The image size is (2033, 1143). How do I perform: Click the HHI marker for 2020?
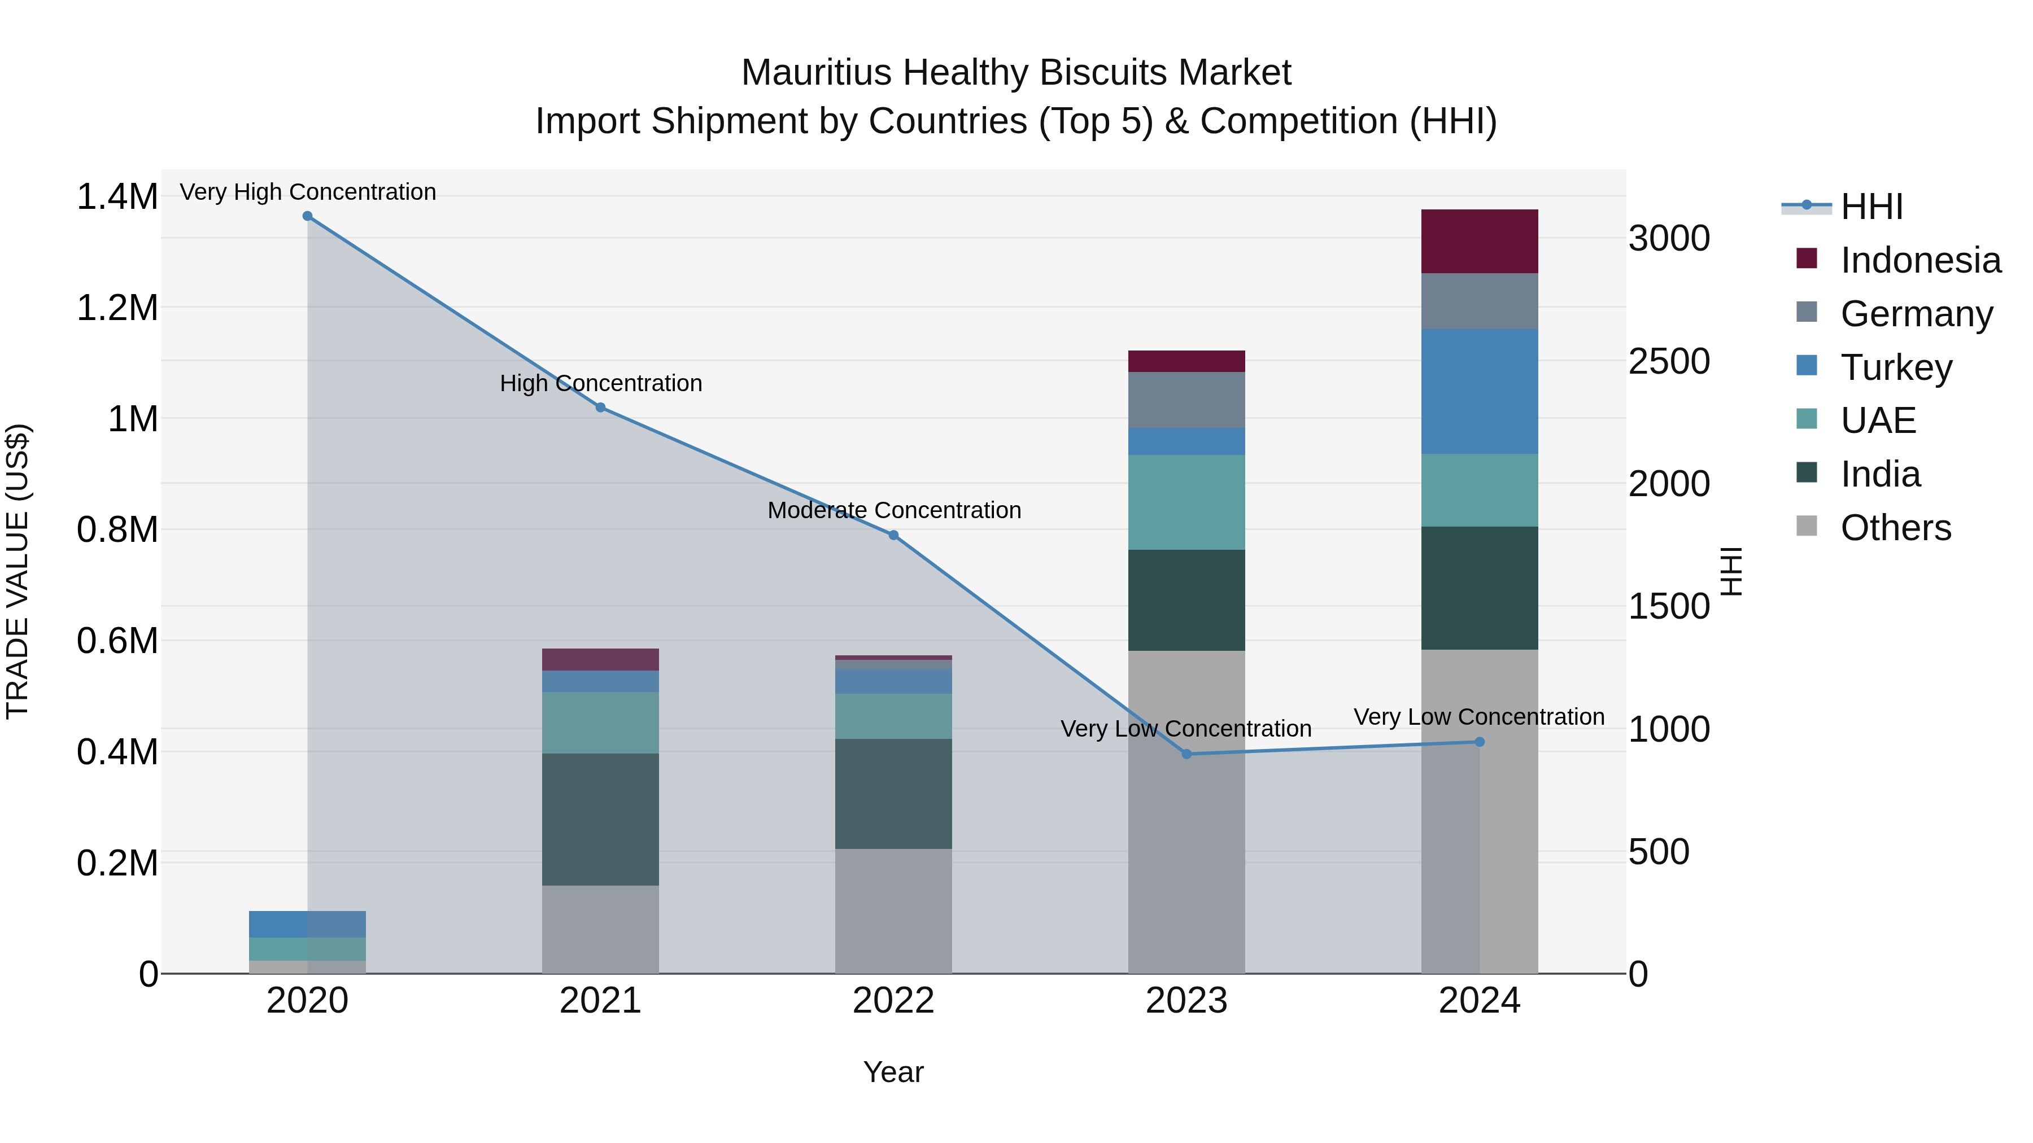click(307, 216)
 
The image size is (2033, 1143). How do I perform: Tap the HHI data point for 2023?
click(1186, 754)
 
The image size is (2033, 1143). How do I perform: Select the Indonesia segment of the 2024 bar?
click(1479, 242)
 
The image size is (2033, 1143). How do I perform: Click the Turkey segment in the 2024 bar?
click(1479, 391)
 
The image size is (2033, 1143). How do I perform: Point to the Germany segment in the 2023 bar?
click(1186, 400)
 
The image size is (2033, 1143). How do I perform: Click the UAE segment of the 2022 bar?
click(893, 716)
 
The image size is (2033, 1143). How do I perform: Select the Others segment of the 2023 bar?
click(1186, 812)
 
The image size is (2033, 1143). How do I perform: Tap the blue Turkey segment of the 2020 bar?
click(307, 925)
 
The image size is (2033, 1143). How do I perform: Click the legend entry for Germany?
click(1916, 314)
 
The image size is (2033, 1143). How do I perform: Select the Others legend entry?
click(1895, 528)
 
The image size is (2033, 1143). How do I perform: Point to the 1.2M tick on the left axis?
click(117, 308)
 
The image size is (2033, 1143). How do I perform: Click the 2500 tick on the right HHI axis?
click(1668, 361)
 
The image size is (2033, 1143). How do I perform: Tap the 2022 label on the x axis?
click(893, 1001)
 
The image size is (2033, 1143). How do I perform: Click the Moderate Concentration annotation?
click(893, 510)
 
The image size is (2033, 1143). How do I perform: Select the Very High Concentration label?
click(308, 192)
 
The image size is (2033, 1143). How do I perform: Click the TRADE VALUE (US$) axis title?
click(18, 571)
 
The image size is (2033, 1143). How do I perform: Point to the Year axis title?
click(893, 1072)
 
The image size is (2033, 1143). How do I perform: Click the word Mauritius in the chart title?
click(816, 73)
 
